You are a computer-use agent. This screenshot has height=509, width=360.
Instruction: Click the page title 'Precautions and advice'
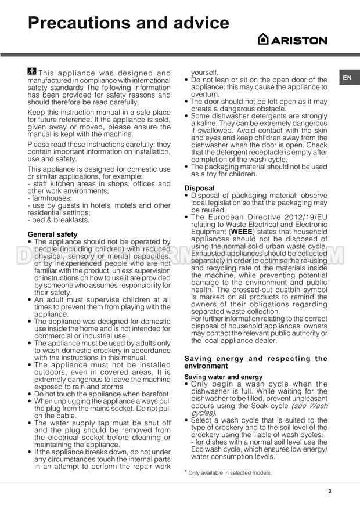pos(128,23)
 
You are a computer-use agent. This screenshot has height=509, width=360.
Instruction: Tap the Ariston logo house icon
pos(263,39)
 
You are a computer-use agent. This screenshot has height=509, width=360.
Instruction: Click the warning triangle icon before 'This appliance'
pos(32,72)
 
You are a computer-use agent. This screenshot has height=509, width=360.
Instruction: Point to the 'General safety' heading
pos(52,234)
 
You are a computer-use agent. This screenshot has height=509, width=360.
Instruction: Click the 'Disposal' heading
pos(199,188)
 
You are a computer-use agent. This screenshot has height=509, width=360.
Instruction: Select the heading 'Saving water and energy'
pos(224,377)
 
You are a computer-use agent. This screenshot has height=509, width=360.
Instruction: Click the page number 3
pos(329,492)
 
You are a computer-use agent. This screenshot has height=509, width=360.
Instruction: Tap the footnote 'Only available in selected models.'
pos(229,473)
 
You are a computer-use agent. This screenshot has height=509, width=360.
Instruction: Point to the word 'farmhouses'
pos(51,198)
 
